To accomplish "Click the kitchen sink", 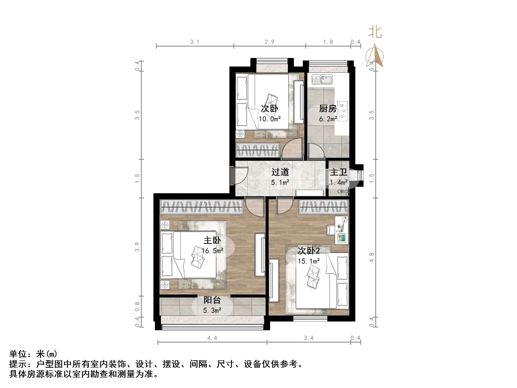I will (322, 79).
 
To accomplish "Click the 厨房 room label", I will (328, 108).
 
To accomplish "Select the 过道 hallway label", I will (280, 172).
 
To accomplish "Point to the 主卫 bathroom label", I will (338, 172).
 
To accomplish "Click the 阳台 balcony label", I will (212, 300).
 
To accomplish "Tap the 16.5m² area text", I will (212, 250).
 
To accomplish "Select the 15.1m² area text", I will (309, 261).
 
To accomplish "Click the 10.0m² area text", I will (270, 119).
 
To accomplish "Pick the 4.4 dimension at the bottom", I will (212, 338).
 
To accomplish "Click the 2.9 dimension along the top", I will (270, 42).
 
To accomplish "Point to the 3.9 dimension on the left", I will (137, 247).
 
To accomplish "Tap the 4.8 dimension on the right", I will (372, 257).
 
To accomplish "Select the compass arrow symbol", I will (375, 55).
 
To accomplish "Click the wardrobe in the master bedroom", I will (201, 207).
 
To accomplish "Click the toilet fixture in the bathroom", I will (343, 191).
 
